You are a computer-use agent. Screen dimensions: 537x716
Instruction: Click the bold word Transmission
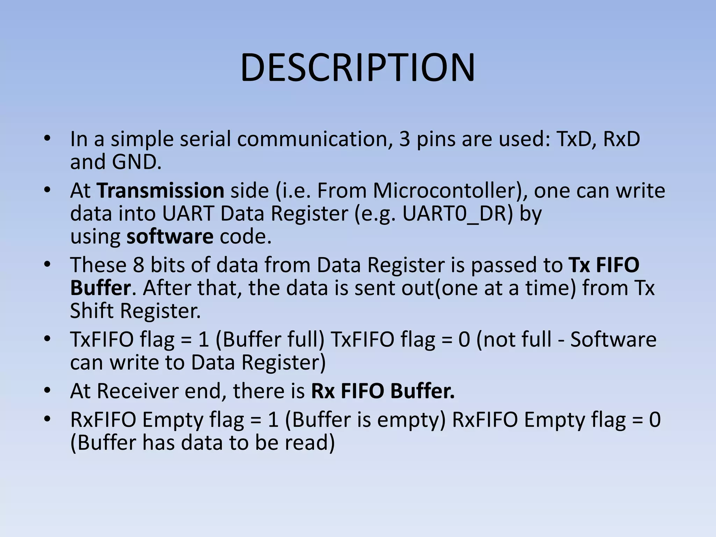pos(160,191)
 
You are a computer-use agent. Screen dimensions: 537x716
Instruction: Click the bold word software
pos(170,237)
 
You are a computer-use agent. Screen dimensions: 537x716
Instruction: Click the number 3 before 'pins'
pos(404,139)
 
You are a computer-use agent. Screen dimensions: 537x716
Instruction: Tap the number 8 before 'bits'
pos(138,265)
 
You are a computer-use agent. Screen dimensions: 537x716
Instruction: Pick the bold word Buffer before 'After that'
pos(100,288)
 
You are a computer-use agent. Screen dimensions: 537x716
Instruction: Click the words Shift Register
pos(135,311)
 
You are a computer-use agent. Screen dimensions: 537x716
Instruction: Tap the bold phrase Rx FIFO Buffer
pos(383,391)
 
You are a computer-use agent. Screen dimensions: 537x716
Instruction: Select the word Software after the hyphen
pos(613,339)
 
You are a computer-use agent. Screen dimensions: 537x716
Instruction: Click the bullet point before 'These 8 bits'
pos(48,265)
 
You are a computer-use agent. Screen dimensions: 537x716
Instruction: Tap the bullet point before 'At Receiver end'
pos(48,391)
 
